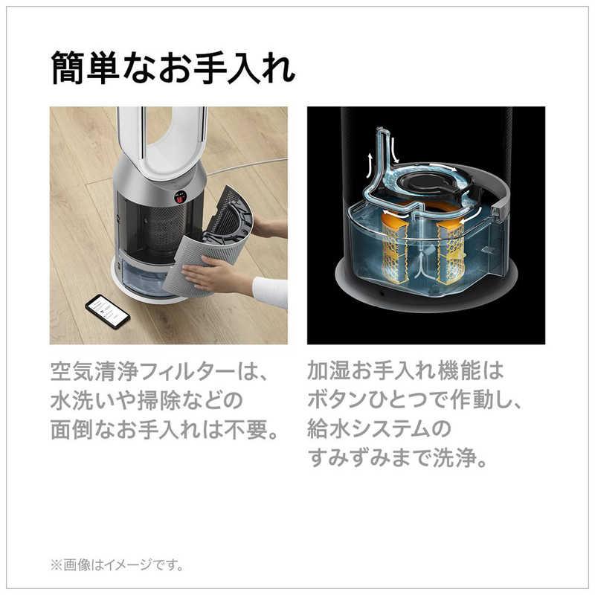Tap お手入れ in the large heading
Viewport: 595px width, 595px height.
tap(239, 68)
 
